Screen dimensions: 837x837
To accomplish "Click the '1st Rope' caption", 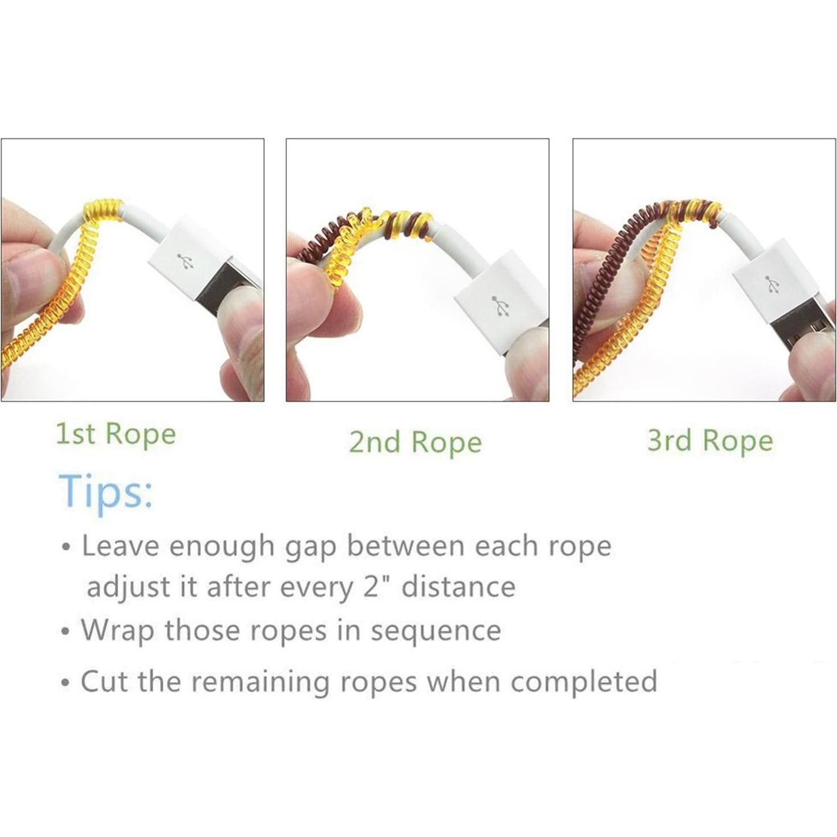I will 116,434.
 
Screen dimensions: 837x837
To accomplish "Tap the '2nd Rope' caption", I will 415,442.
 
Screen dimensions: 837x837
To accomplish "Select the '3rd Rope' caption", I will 710,441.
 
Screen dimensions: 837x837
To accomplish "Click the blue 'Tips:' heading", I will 106,491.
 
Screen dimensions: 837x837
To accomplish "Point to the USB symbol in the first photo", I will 185,262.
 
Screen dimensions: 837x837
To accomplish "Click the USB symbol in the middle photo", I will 502,306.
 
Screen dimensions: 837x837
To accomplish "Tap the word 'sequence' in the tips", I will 436,631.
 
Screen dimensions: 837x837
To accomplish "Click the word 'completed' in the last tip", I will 584,682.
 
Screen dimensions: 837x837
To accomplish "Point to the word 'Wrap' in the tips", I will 118,631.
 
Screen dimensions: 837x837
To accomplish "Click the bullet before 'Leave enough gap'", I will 67,548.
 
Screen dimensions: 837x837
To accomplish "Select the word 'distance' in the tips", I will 458,586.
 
